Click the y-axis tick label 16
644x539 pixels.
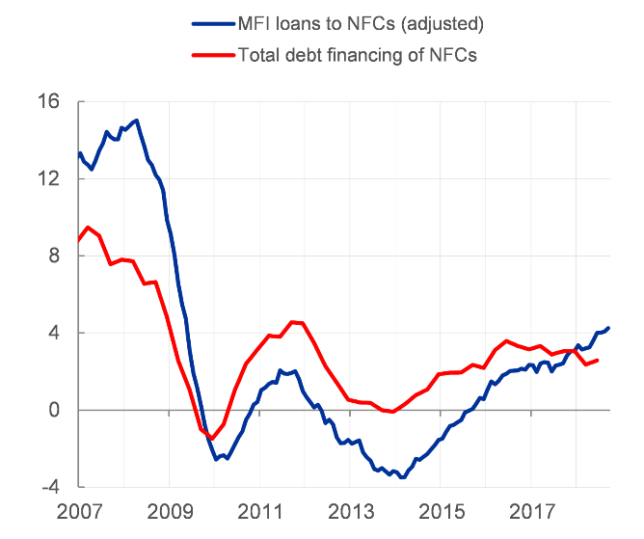[47, 102]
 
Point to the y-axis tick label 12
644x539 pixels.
[47, 179]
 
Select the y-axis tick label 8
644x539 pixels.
[53, 256]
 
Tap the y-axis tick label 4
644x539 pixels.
[53, 334]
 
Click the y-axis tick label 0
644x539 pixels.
[53, 411]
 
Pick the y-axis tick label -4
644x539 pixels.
[49, 487]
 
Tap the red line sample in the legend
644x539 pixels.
[212, 55]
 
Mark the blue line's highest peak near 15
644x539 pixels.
[137, 121]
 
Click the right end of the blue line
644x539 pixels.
[608, 328]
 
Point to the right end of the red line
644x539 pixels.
[598, 360]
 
